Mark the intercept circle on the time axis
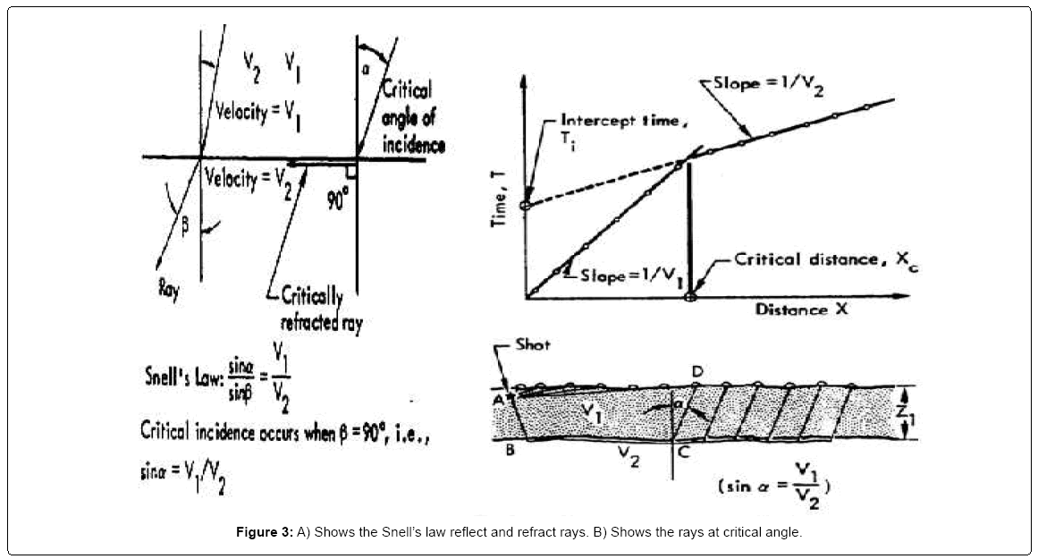[526, 206]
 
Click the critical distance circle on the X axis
[689, 296]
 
